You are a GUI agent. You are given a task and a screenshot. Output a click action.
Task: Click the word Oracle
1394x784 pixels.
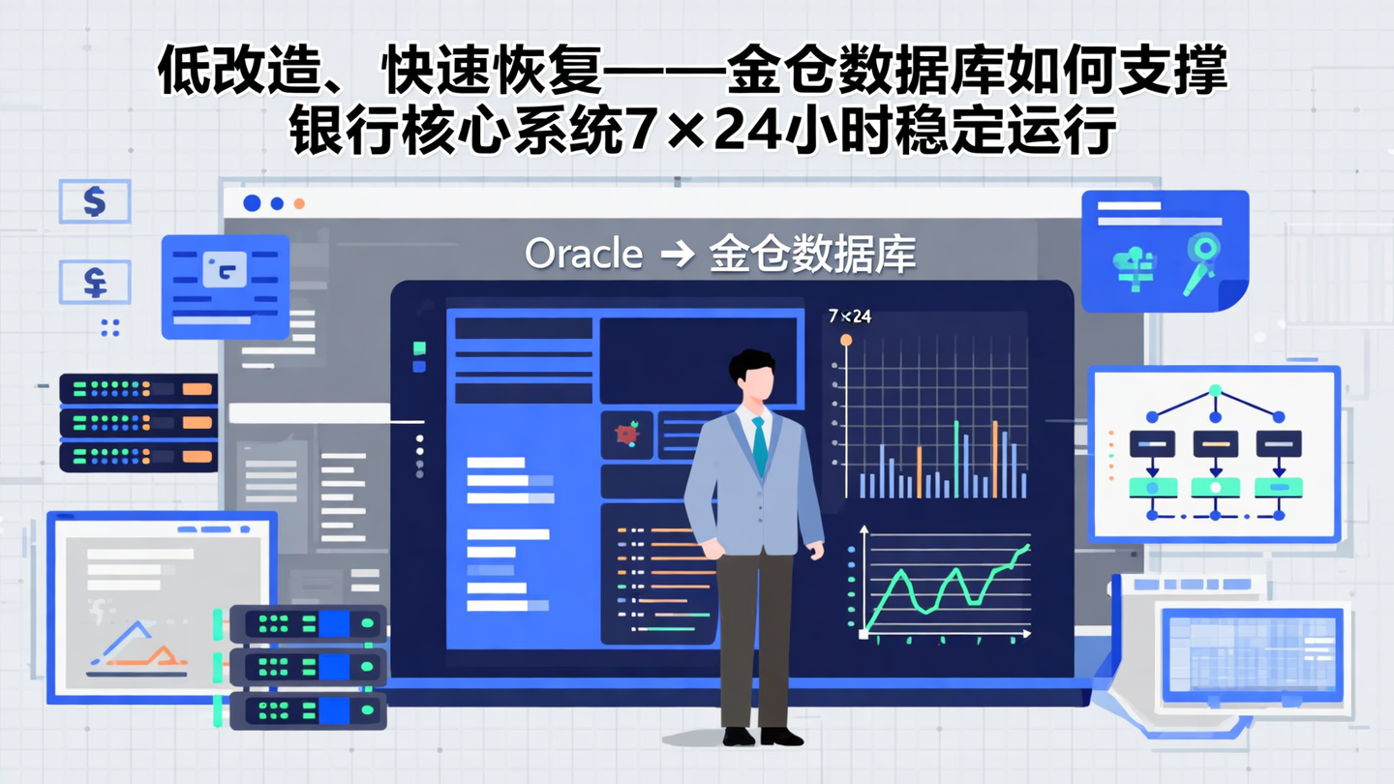584,254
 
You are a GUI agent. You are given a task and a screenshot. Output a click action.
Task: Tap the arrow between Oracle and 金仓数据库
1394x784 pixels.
677,255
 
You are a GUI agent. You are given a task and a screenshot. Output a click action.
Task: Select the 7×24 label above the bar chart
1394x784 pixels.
850,317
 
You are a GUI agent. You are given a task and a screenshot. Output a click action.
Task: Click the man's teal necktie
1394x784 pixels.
760,444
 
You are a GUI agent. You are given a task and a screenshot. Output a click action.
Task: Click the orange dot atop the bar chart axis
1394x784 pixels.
846,340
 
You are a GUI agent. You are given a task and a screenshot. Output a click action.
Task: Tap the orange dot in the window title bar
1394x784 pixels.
299,203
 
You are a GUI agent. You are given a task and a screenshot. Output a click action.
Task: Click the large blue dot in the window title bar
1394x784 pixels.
252,203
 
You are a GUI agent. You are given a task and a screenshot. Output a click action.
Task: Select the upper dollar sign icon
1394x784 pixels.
94,201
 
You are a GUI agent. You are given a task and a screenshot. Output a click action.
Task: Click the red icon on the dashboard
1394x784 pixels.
627,434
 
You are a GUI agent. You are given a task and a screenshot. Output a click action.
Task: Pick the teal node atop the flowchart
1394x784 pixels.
1215,390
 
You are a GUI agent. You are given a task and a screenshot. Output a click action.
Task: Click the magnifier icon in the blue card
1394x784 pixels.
1201,261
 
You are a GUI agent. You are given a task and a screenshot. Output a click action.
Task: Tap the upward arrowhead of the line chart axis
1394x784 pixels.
864,530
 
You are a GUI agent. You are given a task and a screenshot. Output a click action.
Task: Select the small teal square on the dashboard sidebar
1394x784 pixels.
419,347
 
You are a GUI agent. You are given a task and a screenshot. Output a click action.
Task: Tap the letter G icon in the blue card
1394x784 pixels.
225,269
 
